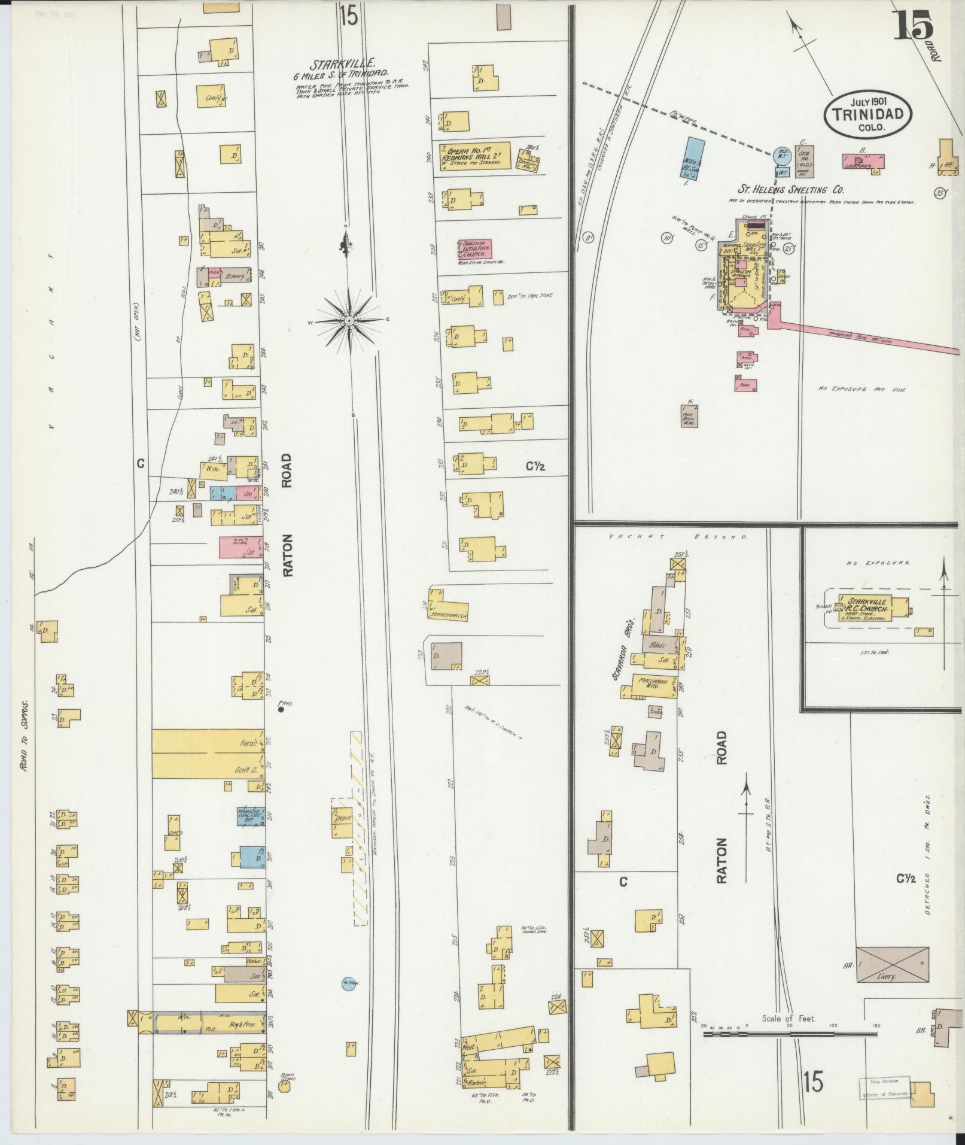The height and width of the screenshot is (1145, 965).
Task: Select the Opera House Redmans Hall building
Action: click(x=476, y=156)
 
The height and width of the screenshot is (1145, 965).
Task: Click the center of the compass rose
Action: click(x=349, y=321)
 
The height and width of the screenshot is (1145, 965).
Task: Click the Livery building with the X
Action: click(x=892, y=964)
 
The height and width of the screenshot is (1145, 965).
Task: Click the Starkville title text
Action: click(x=342, y=63)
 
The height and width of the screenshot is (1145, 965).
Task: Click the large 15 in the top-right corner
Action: click(x=914, y=28)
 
